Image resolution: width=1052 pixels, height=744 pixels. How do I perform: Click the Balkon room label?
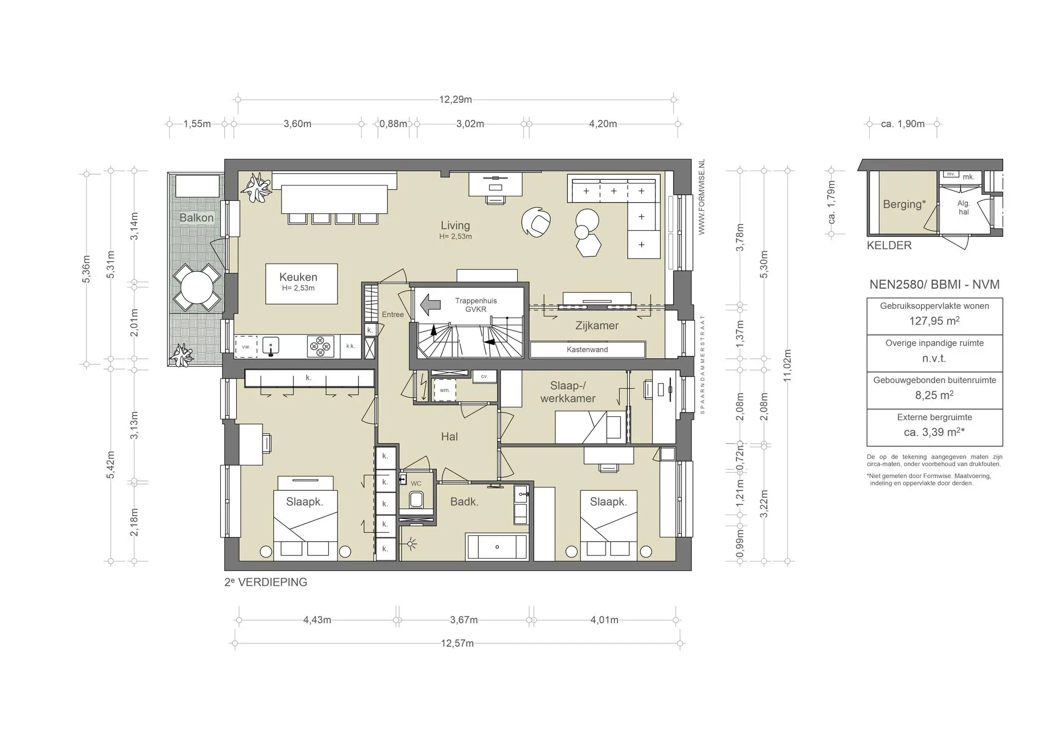pos(196,218)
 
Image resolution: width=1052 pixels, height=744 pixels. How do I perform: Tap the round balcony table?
pos(196,288)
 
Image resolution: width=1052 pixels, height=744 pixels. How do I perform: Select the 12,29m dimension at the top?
pos(455,100)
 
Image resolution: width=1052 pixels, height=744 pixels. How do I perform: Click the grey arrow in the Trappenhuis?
pos(430,305)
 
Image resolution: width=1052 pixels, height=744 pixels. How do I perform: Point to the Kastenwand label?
pos(587,350)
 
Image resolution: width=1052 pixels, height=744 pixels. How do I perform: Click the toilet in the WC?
pos(416,499)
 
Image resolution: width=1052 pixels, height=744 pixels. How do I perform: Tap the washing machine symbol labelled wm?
pos(444,390)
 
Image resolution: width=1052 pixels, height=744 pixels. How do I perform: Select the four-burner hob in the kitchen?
pos(321,346)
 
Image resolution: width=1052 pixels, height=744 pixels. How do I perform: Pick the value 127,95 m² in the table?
pos(934,321)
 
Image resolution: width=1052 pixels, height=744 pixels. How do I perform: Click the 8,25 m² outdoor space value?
pos(934,395)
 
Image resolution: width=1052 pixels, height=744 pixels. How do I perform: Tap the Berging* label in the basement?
pos(904,204)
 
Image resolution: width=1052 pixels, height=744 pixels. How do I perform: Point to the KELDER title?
pos(889,246)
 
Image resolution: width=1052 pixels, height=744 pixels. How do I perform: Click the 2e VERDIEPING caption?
pos(266,582)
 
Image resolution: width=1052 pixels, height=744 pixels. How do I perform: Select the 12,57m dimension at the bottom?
pos(457,643)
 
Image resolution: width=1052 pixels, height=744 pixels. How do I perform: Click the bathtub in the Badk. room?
pos(497,547)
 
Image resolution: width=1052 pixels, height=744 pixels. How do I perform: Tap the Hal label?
pos(449,437)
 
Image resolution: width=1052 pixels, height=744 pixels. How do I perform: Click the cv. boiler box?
pos(484,377)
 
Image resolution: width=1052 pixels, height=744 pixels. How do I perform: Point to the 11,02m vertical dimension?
pos(787,365)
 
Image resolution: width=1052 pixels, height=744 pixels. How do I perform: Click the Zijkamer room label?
pos(596,326)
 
